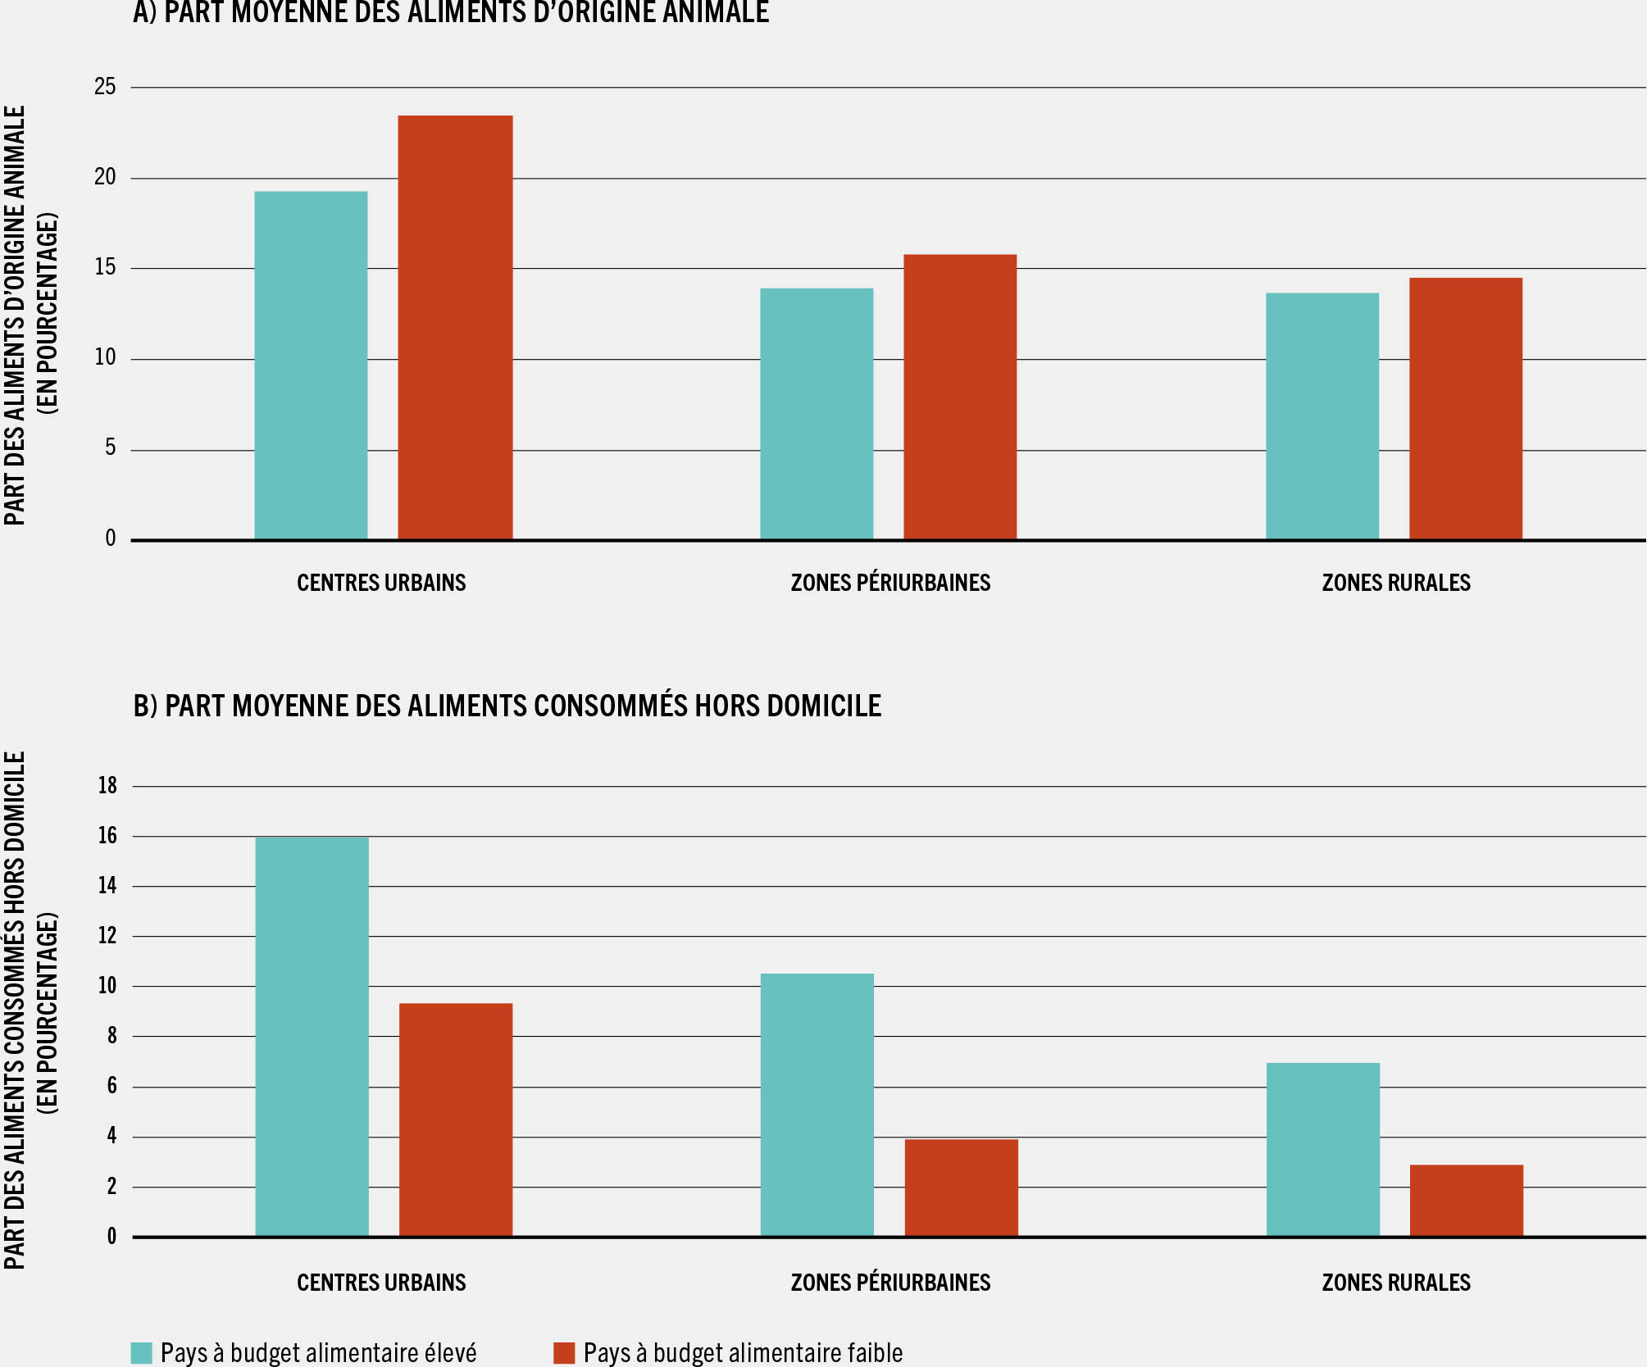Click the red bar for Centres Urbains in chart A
[x=455, y=328]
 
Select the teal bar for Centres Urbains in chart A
[x=311, y=366]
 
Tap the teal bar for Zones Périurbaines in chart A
[x=817, y=414]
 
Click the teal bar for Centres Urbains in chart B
[x=312, y=1037]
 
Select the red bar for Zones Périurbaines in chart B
[x=961, y=1188]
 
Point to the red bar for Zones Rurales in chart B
[x=1466, y=1200]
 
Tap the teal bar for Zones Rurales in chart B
[x=1322, y=1149]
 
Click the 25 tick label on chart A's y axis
[x=105, y=87]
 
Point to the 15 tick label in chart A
[x=105, y=268]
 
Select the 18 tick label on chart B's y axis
[x=107, y=786]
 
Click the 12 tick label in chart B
[x=107, y=936]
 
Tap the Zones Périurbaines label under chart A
[x=890, y=583]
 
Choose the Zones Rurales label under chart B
[x=1395, y=1283]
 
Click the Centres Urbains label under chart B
[x=381, y=1283]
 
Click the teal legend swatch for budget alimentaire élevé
[x=142, y=1352]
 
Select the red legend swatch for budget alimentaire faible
[x=564, y=1352]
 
